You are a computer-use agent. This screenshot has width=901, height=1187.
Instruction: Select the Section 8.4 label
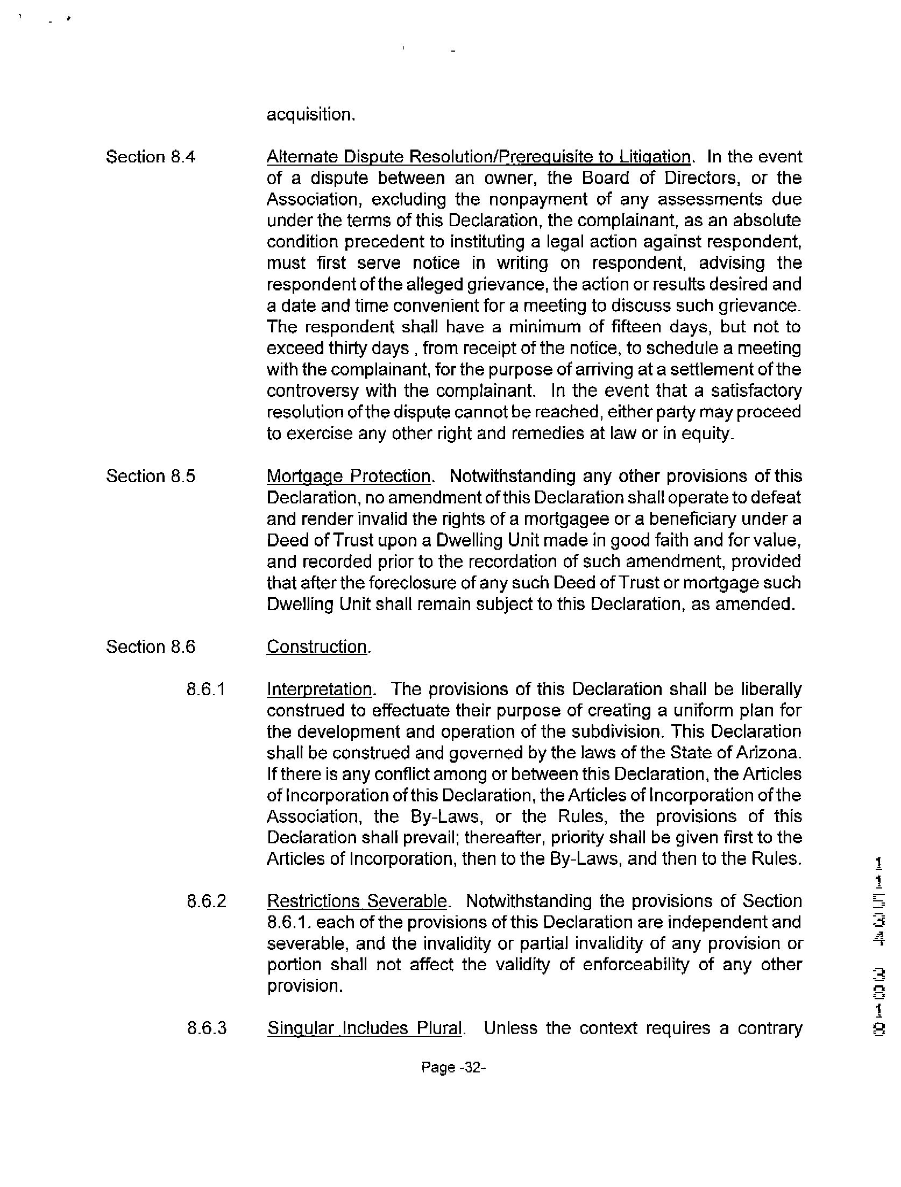click(x=150, y=157)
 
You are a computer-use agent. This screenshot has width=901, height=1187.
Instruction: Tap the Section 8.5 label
click(x=150, y=476)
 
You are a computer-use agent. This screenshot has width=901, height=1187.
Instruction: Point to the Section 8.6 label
click(x=150, y=646)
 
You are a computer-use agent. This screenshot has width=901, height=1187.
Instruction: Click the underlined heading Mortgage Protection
click(x=349, y=476)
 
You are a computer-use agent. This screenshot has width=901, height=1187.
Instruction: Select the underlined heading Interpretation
click(x=320, y=689)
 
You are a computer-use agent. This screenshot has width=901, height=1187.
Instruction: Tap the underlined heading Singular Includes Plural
click(x=365, y=1028)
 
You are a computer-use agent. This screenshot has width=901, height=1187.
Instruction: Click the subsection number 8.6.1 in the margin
click(x=205, y=689)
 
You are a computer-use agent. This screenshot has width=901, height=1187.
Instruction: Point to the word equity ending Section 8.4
click(x=706, y=433)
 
